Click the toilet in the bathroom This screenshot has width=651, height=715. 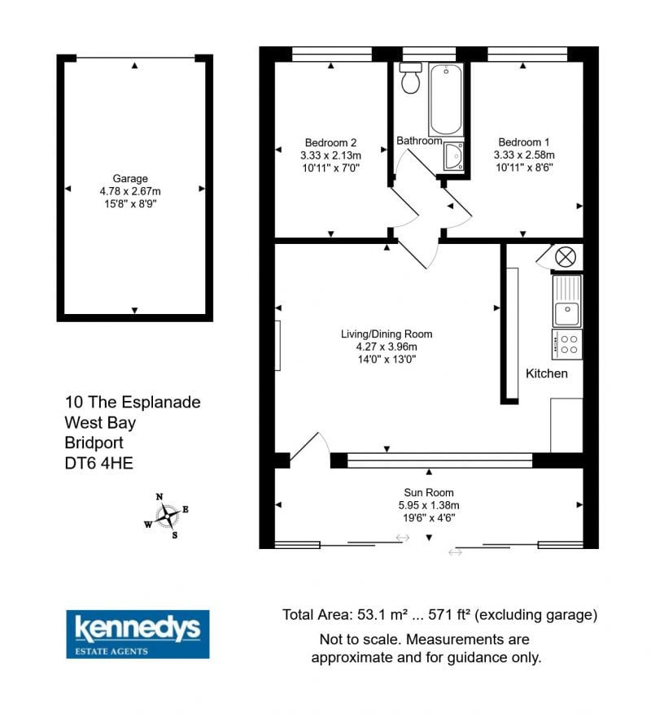(411, 78)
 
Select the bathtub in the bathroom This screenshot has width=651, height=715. (446, 99)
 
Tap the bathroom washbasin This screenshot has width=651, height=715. (454, 156)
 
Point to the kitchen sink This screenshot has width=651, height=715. (567, 301)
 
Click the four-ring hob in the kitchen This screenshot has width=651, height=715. (567, 344)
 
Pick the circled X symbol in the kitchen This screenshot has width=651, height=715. (566, 257)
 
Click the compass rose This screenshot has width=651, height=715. (167, 516)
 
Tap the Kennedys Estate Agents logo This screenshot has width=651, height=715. (138, 634)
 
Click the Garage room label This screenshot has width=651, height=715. (130, 178)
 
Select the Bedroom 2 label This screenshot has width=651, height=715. (330, 142)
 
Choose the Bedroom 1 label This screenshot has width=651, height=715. (524, 142)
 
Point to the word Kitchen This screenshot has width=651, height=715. (547, 373)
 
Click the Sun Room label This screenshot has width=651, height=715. (429, 492)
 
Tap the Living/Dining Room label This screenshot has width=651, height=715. (387, 334)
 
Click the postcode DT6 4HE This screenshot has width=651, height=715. (99, 464)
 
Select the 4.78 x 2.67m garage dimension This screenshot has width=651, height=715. (130, 191)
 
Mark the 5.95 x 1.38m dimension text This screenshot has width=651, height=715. (429, 505)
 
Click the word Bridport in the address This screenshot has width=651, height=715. (94, 443)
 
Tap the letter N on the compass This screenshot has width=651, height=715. (159, 496)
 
